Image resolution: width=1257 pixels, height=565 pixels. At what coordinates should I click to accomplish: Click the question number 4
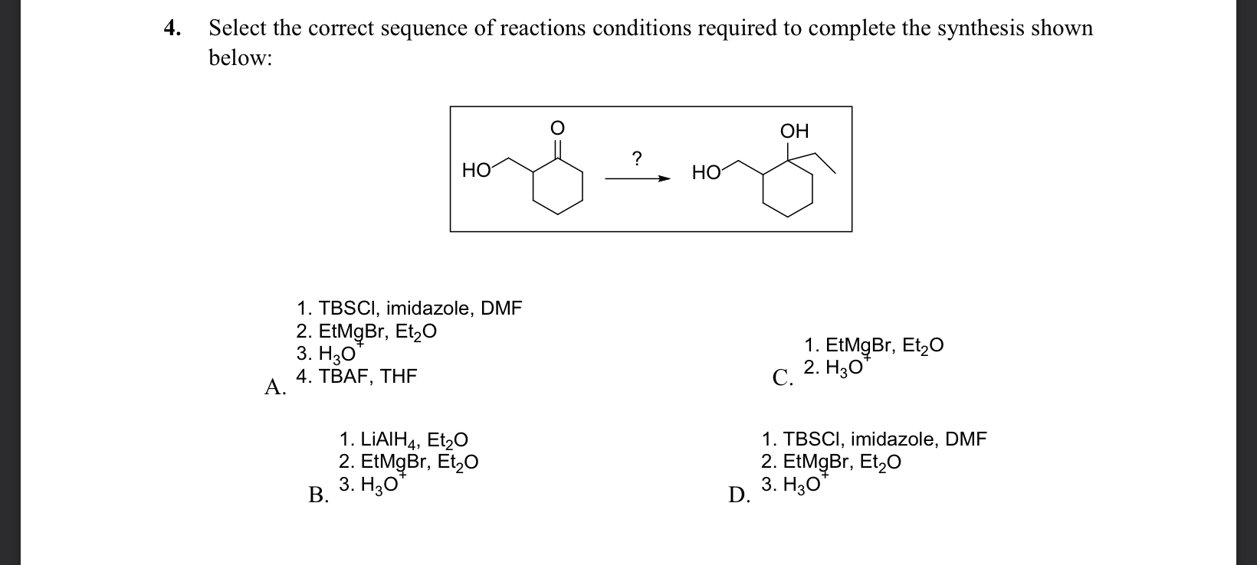(172, 29)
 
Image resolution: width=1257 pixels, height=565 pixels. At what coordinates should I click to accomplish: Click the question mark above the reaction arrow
(637, 159)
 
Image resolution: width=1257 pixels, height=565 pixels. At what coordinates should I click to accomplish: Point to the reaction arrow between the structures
(637, 178)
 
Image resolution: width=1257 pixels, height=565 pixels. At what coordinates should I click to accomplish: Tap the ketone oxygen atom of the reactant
(559, 129)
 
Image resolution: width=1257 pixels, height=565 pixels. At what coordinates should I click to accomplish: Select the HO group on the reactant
(476, 170)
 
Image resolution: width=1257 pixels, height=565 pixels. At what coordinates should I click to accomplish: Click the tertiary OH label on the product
(794, 131)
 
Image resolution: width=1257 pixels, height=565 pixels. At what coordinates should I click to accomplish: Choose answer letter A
(274, 387)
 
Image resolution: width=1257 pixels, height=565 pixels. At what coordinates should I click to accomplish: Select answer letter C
(782, 378)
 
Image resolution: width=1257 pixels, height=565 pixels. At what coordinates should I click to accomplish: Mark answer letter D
(739, 495)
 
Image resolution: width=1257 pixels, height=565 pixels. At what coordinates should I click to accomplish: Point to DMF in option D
(966, 439)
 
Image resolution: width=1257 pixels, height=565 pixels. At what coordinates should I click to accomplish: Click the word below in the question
(240, 59)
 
